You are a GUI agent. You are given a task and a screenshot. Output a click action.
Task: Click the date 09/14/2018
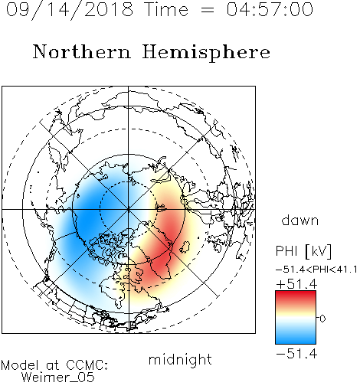[70, 10]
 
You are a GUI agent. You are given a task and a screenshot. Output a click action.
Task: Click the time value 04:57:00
[270, 9]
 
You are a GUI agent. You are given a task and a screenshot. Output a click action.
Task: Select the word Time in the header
[166, 9]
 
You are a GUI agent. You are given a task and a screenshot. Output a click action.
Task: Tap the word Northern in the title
[82, 51]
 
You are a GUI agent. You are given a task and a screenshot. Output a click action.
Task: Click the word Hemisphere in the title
[206, 53]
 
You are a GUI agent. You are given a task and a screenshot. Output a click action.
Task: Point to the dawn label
[300, 220]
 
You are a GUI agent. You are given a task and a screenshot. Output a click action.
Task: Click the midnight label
[180, 360]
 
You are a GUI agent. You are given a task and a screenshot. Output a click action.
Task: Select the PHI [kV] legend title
[303, 251]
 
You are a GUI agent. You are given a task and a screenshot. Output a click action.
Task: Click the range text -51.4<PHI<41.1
[316, 270]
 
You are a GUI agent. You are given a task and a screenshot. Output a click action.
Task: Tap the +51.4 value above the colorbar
[296, 284]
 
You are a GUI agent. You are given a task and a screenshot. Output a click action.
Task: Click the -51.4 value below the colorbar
[296, 354]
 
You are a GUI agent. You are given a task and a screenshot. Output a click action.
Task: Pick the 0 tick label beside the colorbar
[322, 319]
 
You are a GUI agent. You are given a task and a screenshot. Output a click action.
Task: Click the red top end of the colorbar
[296, 293]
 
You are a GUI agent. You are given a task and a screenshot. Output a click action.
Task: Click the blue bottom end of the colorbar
[296, 341]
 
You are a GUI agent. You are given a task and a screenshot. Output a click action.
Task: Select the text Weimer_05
[58, 378]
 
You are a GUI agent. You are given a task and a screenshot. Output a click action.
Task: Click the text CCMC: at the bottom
[87, 365]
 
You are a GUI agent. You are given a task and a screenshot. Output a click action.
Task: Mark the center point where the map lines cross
[129, 209]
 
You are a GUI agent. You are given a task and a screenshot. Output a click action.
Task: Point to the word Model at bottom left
[20, 365]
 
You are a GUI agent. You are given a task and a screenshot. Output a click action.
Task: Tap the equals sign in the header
[208, 10]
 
